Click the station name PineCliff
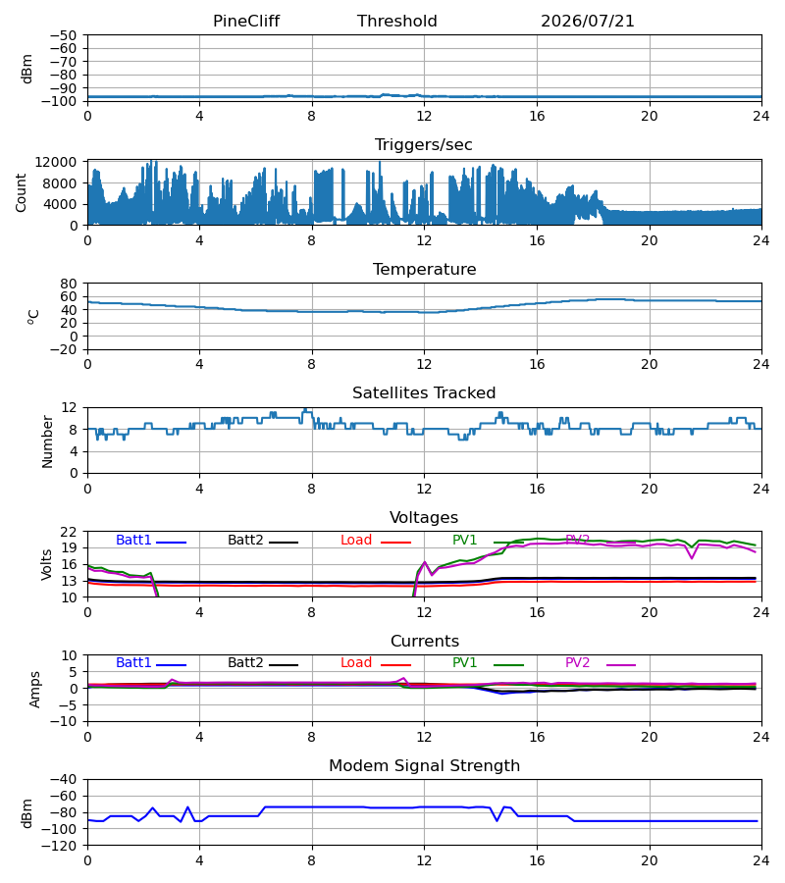pyautogui.click(x=246, y=21)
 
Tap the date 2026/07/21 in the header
pyautogui.click(x=588, y=21)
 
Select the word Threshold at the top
pyautogui.click(x=397, y=21)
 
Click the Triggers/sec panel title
pyautogui.click(x=424, y=145)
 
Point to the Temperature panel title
pyautogui.click(x=424, y=269)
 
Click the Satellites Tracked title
pyautogui.click(x=424, y=393)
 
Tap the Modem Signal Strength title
pyautogui.click(x=424, y=766)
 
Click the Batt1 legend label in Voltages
pyautogui.click(x=133, y=540)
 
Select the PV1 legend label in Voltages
pyautogui.click(x=464, y=540)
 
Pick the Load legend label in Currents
pyautogui.click(x=356, y=663)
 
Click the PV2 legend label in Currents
pyautogui.click(x=577, y=663)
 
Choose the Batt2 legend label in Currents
pyautogui.click(x=245, y=663)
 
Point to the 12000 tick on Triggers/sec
pyautogui.click(x=56, y=162)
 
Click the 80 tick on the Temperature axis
pyautogui.click(x=68, y=284)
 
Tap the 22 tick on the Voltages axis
pyautogui.click(x=68, y=532)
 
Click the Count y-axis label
pyautogui.click(x=22, y=192)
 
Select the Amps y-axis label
pyautogui.click(x=35, y=690)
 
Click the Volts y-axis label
pyautogui.click(x=47, y=565)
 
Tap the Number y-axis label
pyautogui.click(x=47, y=441)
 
